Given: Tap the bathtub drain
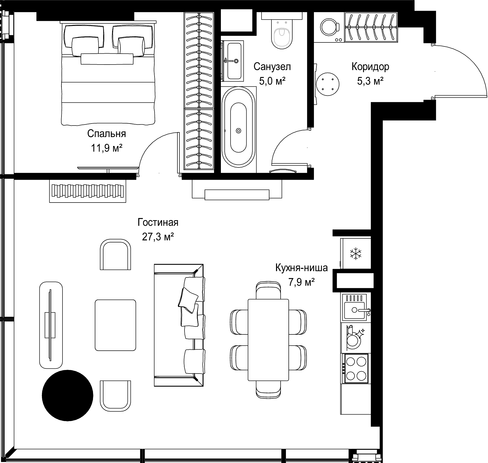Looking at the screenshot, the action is (238, 131).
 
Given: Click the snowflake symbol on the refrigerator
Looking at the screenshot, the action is (356, 254).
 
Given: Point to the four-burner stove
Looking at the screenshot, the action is (355, 368).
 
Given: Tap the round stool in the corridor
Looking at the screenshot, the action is (328, 84).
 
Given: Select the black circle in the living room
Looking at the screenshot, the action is (68, 395).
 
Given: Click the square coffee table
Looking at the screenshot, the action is (115, 325).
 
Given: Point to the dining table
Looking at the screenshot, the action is (268, 343).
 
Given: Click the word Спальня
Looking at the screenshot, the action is (106, 133).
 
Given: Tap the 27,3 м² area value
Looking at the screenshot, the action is (158, 237).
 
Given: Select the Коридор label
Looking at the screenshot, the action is (370, 67).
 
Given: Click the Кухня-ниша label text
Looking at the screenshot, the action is (301, 268).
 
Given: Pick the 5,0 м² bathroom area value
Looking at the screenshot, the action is (272, 81).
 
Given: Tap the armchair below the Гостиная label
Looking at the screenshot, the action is (116, 254).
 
